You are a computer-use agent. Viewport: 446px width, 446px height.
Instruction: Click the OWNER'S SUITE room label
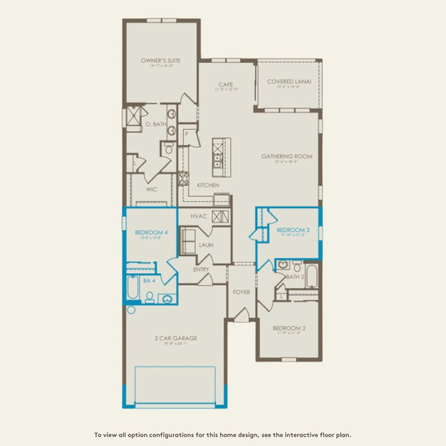(161, 61)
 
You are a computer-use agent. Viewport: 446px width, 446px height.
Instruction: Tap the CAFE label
(225, 84)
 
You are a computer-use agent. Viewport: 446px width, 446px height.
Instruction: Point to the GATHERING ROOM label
(286, 157)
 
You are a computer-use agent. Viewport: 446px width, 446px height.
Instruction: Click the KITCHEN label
(208, 185)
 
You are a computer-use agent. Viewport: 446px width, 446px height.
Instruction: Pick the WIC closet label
(151, 189)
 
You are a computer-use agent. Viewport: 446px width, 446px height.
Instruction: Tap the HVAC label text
(199, 216)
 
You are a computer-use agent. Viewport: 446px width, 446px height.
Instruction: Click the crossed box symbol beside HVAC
(221, 216)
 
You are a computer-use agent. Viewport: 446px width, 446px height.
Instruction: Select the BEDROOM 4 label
(148, 232)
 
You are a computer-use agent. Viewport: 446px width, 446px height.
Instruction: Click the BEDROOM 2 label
(289, 328)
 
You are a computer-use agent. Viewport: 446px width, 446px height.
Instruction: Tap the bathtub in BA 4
(133, 289)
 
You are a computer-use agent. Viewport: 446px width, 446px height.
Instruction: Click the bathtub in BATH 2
(311, 276)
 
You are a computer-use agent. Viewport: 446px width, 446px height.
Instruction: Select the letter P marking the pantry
(187, 134)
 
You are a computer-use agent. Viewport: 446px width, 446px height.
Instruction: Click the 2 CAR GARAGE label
(176, 338)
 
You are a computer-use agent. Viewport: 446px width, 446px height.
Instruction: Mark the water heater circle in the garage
(131, 309)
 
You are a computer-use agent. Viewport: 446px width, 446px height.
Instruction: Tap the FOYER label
(241, 292)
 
